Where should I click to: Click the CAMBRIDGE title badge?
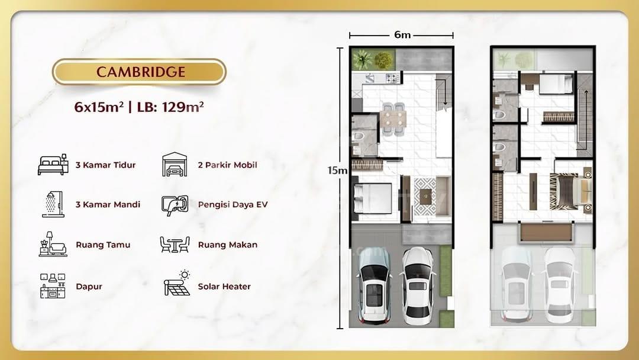[x=140, y=72]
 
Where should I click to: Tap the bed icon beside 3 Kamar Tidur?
[x=53, y=165]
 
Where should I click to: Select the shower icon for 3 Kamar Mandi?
[x=53, y=204]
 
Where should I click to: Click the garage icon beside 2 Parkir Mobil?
[x=175, y=164]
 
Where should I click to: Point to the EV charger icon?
[x=175, y=205]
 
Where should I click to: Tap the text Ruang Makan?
[x=228, y=245]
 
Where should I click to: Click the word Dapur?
[x=89, y=287]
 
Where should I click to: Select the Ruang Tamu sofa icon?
[x=53, y=244]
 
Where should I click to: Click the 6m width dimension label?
[x=402, y=35]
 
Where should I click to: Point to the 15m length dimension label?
[x=337, y=171]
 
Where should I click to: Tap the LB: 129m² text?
[x=170, y=107]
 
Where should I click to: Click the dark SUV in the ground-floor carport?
[x=374, y=285]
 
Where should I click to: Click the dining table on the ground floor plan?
[x=393, y=120]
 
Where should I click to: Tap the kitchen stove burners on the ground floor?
[x=393, y=78]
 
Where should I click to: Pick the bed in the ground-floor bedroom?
[x=373, y=198]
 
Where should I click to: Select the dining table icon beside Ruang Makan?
[x=175, y=245]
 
